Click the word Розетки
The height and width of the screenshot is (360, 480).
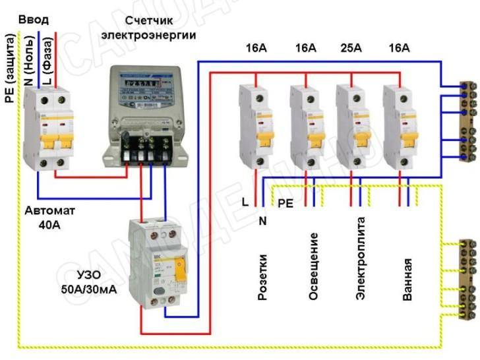click(x=262, y=276)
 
